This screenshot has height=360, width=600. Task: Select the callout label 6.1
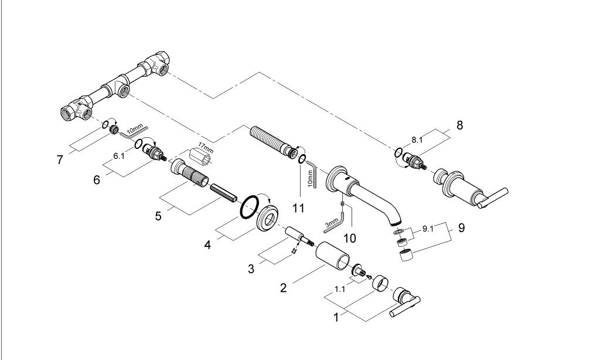[119, 157]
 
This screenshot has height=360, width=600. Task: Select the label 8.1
[416, 140]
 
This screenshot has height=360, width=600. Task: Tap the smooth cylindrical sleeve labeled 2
[332, 256]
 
